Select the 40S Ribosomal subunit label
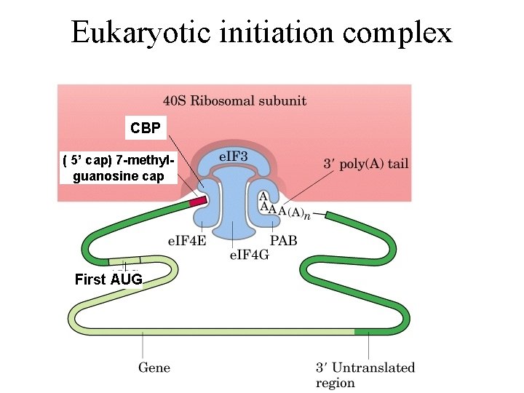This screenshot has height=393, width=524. click(x=234, y=100)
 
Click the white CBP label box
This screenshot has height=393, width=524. click(x=146, y=129)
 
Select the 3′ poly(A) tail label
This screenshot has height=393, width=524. click(x=365, y=164)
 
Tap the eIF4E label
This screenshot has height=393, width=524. click(x=187, y=241)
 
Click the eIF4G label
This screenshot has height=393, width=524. click(x=248, y=255)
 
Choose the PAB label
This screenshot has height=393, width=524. click(x=284, y=241)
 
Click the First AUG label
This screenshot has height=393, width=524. click(x=108, y=279)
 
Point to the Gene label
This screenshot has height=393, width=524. click(x=154, y=367)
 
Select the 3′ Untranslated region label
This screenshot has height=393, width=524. click(x=365, y=374)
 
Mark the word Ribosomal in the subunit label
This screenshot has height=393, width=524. click(x=237, y=100)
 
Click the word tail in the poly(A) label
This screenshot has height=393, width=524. click(x=398, y=164)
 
